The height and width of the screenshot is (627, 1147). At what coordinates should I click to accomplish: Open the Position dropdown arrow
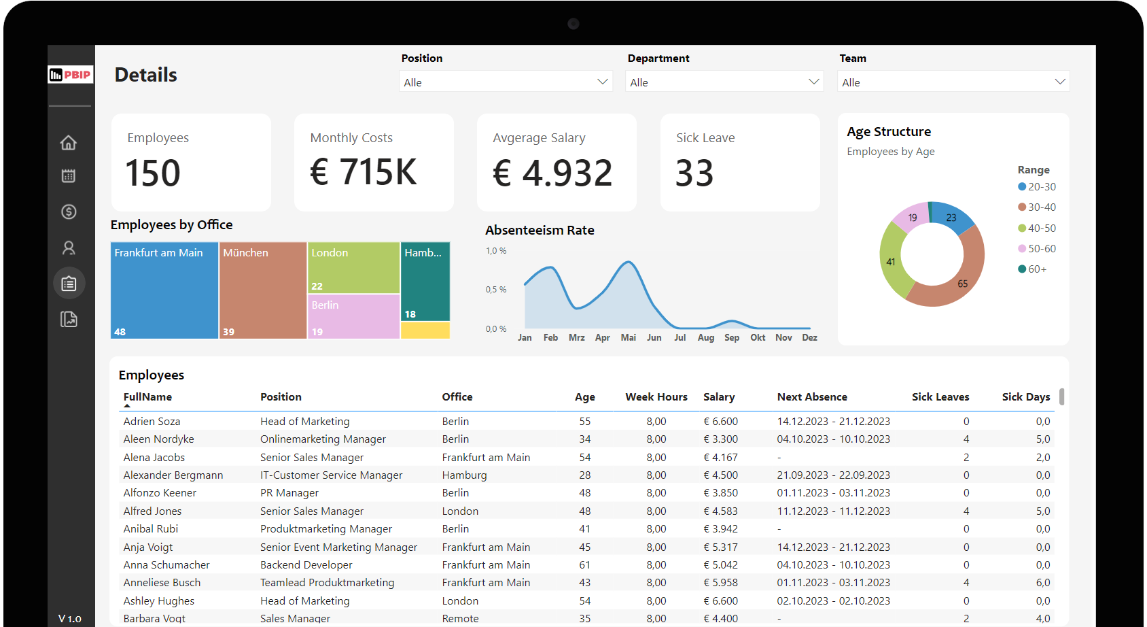(x=602, y=82)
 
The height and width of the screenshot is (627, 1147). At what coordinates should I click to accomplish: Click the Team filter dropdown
(x=953, y=82)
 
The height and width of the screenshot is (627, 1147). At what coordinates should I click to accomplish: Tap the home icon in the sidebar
(x=69, y=143)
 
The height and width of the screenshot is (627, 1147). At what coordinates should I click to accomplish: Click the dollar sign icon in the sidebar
(x=69, y=211)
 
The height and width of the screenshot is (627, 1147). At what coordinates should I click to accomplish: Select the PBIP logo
(x=71, y=75)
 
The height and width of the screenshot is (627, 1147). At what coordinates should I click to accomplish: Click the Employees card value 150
(x=153, y=173)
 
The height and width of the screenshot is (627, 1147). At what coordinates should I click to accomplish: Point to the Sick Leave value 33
(x=694, y=173)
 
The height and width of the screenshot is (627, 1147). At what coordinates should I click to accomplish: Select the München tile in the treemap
(x=263, y=292)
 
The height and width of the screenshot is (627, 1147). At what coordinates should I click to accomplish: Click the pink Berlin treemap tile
(x=353, y=316)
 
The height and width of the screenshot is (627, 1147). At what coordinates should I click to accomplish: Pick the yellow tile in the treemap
(x=425, y=331)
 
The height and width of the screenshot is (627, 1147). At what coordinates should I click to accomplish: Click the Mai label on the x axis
(x=628, y=337)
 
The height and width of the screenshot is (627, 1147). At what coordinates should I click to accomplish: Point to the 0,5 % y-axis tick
(x=496, y=290)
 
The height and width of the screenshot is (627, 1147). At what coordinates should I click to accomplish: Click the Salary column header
(x=719, y=397)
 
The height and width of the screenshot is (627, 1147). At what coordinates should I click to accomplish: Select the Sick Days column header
(x=1025, y=397)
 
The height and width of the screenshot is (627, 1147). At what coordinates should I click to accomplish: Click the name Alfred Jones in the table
(x=152, y=511)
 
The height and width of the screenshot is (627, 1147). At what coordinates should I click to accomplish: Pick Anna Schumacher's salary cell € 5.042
(x=720, y=565)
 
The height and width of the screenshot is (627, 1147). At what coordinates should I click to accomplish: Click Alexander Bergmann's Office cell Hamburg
(x=464, y=475)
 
